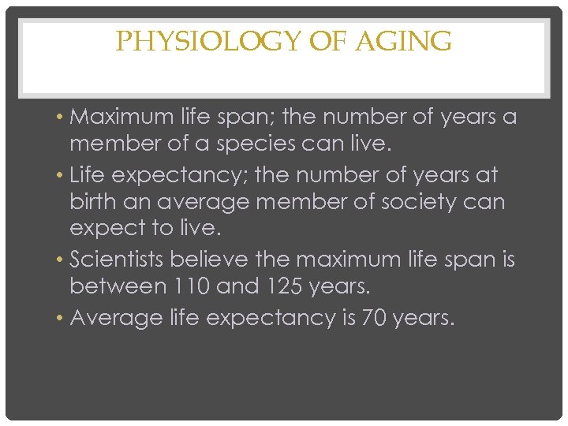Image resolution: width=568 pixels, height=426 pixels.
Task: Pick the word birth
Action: [92, 202]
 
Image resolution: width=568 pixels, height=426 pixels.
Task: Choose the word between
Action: [115, 287]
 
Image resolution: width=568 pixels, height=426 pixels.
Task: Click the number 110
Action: [189, 287]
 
